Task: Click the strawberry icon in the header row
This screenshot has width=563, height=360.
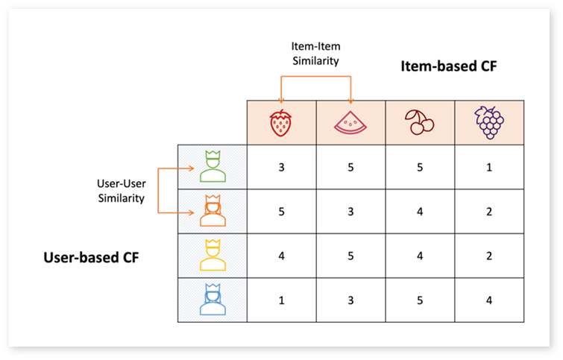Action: coord(281,123)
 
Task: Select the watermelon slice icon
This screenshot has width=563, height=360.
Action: coord(350,123)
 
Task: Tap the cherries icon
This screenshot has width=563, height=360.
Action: coord(419,122)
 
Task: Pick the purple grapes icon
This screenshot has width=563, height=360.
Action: coord(489,122)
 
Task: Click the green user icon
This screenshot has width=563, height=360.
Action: coord(213,166)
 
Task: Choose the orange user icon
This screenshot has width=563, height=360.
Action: coord(213,211)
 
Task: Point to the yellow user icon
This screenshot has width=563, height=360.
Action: coord(213,255)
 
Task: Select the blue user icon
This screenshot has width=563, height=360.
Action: coord(213,300)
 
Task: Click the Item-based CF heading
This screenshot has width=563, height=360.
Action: coord(449,66)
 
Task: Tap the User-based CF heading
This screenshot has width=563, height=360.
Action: coord(91,257)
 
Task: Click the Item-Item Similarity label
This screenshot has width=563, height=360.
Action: coord(315,54)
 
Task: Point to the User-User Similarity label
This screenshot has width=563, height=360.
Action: coord(122,191)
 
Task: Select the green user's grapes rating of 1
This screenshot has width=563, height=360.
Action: coord(489,167)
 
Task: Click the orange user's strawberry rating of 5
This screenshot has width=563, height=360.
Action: coord(282,212)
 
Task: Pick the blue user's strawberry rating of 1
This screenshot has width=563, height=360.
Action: coord(282,300)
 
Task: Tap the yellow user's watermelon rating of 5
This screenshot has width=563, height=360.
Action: coord(350,256)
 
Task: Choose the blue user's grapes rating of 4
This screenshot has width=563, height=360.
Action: coord(489,300)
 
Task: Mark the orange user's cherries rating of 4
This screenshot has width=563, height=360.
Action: coord(420,212)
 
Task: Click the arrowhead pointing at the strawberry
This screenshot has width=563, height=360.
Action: coord(281,101)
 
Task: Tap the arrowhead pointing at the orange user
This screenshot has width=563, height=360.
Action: coord(192,213)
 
